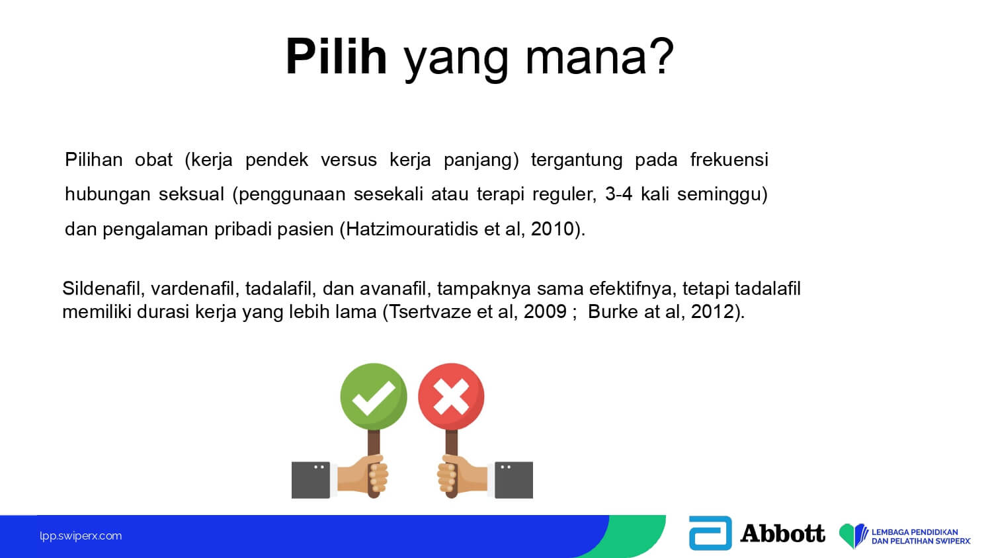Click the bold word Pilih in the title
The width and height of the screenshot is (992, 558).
click(337, 57)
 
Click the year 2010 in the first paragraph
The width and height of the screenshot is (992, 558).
click(552, 229)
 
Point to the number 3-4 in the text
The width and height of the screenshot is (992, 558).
click(618, 194)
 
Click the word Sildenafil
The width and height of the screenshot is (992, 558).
click(101, 288)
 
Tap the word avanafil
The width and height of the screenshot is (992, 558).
click(393, 288)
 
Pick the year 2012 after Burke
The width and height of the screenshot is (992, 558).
click(712, 311)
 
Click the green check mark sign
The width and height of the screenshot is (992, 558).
click(374, 397)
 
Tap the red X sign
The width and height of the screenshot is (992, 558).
click(451, 397)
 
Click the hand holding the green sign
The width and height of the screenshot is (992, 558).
click(363, 475)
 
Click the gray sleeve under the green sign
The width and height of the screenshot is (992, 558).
click(310, 480)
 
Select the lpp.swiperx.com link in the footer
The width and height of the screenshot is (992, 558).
click(81, 536)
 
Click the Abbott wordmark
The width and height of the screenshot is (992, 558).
click(782, 533)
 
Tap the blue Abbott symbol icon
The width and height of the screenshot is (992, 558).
click(710, 533)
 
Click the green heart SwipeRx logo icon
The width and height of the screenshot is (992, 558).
click(853, 535)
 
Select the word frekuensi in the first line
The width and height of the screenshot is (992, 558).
click(729, 159)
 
